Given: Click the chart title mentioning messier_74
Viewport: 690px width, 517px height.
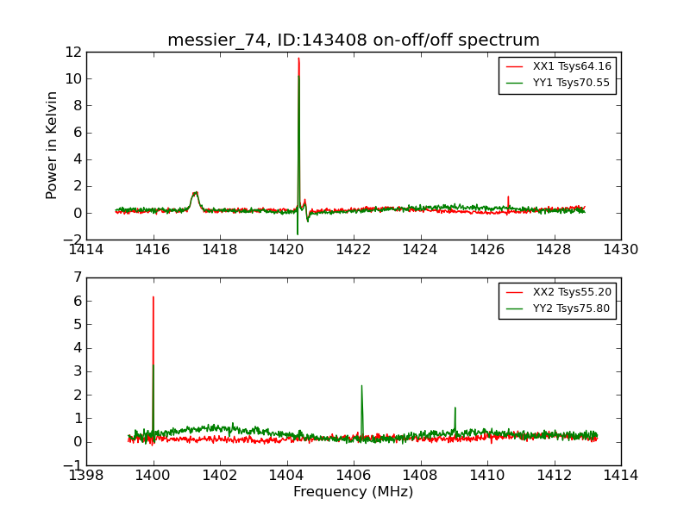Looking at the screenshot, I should (x=354, y=40).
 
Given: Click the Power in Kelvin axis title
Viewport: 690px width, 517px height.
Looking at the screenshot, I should (x=53, y=145).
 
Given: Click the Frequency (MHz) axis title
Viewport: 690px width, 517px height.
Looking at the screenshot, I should (x=354, y=492).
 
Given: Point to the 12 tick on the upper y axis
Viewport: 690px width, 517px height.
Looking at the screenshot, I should (x=72, y=52).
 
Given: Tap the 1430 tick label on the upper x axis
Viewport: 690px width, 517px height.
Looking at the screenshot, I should (x=620, y=250).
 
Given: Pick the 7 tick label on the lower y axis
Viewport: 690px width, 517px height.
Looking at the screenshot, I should (x=77, y=277).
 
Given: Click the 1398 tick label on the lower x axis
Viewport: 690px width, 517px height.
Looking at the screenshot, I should (x=86, y=476).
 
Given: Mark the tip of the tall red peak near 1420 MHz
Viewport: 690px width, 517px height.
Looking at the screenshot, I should (x=298, y=59).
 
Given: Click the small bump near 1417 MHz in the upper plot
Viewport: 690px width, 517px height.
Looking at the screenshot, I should (x=196, y=193).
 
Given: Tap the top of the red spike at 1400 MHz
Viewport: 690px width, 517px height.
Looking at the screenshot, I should (x=154, y=297).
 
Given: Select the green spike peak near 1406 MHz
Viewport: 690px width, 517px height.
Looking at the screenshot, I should (x=361, y=386).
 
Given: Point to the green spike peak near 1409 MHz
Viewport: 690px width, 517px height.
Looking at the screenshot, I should (x=455, y=408).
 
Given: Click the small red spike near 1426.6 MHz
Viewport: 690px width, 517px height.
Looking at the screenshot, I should (x=508, y=197).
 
